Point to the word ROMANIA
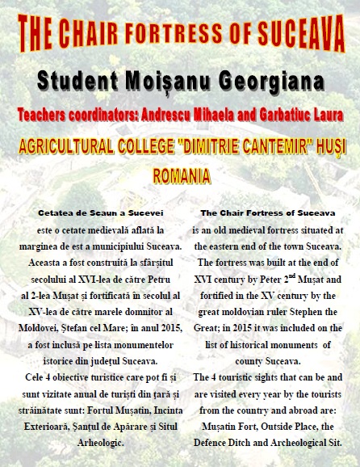click(181, 175)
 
